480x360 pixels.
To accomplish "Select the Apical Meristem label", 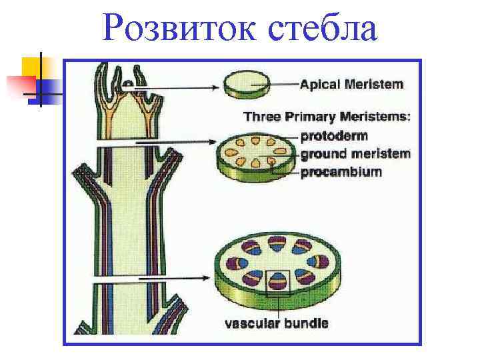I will pos(351,85).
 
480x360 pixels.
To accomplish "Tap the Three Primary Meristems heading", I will pos(327,117).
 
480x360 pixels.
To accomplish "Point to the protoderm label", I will pos(334,136).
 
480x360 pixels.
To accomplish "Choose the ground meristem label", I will pos(355,154).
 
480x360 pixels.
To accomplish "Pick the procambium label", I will pos(341,172).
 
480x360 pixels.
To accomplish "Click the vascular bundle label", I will pos(276,324).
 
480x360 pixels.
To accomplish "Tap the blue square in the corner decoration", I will pos(51,85).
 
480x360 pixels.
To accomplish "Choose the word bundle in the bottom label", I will pos(307,324).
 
